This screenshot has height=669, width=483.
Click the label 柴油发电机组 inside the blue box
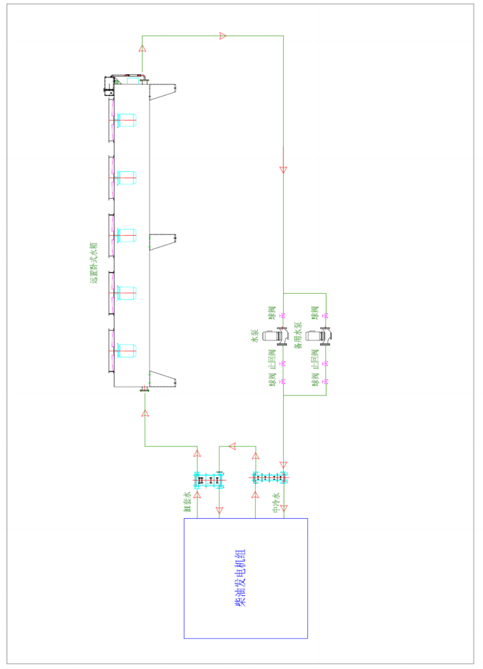tap(240, 578)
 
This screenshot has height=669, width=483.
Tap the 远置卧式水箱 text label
tap(93, 263)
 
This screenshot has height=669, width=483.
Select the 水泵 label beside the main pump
tap(255, 336)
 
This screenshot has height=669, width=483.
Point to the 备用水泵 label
tap(298, 335)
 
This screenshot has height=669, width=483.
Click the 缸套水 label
tap(187, 501)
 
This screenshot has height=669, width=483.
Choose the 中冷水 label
tap(276, 503)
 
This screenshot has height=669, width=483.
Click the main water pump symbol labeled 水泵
tap(274, 336)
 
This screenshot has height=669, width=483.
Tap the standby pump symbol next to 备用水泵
tap(318, 336)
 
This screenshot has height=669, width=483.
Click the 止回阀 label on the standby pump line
tap(315, 358)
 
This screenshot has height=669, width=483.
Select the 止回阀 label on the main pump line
tap(272, 358)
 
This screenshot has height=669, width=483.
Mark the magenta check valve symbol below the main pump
tap(283, 363)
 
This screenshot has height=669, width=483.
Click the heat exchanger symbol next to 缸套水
tap(209, 480)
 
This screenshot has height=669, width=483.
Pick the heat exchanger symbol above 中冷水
tap(269, 478)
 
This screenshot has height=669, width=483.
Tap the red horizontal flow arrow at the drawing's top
tap(223, 36)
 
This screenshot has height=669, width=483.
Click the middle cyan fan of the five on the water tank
tap(126, 236)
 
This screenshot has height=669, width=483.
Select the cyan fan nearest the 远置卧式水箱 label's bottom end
tap(126, 293)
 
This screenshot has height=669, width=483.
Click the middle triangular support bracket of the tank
tap(163, 241)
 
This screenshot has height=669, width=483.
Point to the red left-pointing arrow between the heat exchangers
tap(232, 446)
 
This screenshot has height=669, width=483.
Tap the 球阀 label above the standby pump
tap(315, 313)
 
